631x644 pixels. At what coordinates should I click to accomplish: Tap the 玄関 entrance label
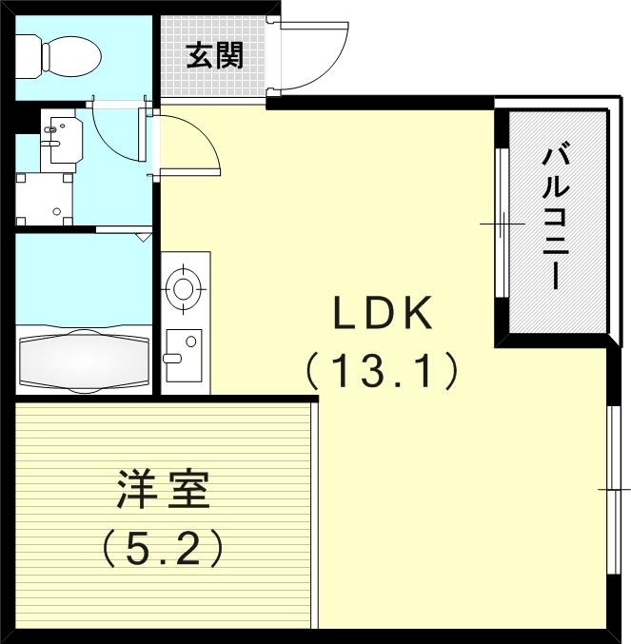[213, 55]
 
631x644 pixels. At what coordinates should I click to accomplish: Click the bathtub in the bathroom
[83, 359]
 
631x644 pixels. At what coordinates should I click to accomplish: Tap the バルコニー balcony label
[556, 217]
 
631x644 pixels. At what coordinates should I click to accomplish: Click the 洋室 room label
[163, 494]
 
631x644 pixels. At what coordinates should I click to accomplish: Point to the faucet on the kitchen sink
[172, 359]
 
